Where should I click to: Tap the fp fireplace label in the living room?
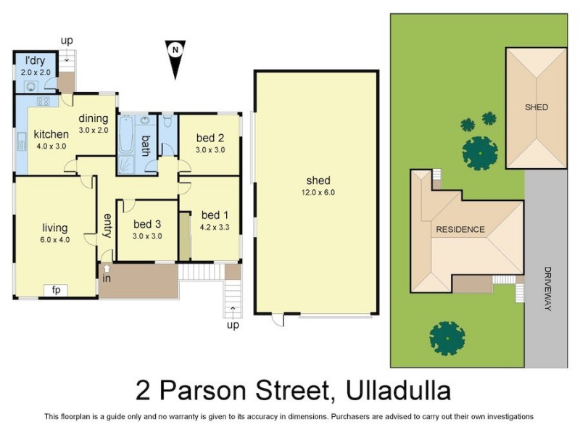click(55, 290)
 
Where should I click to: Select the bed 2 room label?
click(209, 138)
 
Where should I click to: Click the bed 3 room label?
click(147, 224)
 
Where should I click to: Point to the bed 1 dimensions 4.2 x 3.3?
click(215, 227)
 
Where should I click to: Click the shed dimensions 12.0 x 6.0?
click(318, 193)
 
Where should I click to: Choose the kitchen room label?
click(51, 134)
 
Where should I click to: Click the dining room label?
click(94, 118)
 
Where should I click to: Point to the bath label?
click(145, 146)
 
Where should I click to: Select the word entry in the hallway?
click(107, 225)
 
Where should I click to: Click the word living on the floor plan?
click(55, 227)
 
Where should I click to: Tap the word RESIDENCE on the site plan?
click(460, 230)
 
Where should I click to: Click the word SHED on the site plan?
click(536, 107)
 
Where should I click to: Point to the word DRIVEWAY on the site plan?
click(547, 289)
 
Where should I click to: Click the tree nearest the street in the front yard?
click(447, 338)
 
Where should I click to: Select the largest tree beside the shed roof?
click(480, 152)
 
